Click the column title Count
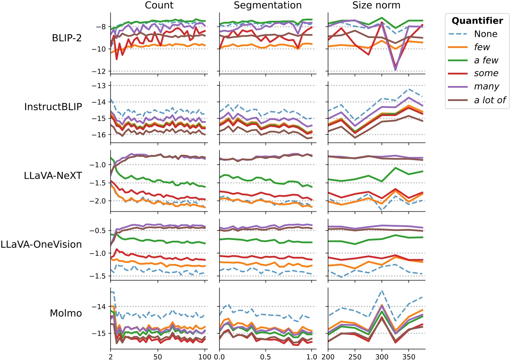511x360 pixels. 159,5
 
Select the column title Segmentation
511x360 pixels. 268,5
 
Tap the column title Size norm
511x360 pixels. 376,5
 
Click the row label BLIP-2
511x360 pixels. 67,38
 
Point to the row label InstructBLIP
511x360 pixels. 53,107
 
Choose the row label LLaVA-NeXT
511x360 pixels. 53,176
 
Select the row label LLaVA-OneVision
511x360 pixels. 41,244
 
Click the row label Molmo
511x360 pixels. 66,313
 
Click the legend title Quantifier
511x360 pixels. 477,21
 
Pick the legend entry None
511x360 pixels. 486,34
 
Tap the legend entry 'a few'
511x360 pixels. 486,60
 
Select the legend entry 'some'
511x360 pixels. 486,73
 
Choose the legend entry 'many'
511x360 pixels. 486,87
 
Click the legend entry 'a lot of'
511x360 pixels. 489,100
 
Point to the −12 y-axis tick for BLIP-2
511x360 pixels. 99,72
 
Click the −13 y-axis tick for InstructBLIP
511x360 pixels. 99,86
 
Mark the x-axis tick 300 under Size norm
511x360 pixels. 382,356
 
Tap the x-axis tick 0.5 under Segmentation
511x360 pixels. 266,356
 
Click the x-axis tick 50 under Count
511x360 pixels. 158,356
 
